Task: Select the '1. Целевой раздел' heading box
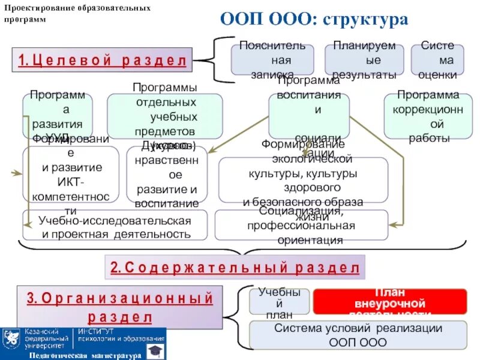pos(102,61)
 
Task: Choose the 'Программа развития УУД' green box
pos(58,116)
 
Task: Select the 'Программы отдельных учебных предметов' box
pos(164,116)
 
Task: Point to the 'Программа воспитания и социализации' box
pos(309,116)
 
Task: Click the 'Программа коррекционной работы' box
pos(428,116)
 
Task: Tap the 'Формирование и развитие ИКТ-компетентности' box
pos(71,175)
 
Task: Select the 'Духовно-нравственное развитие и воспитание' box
pos(167,174)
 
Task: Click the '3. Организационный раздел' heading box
pos(120,307)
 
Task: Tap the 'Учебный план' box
pos(279,302)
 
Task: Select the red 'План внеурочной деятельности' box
pos(389,302)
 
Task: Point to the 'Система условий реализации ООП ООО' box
pos(358,335)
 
